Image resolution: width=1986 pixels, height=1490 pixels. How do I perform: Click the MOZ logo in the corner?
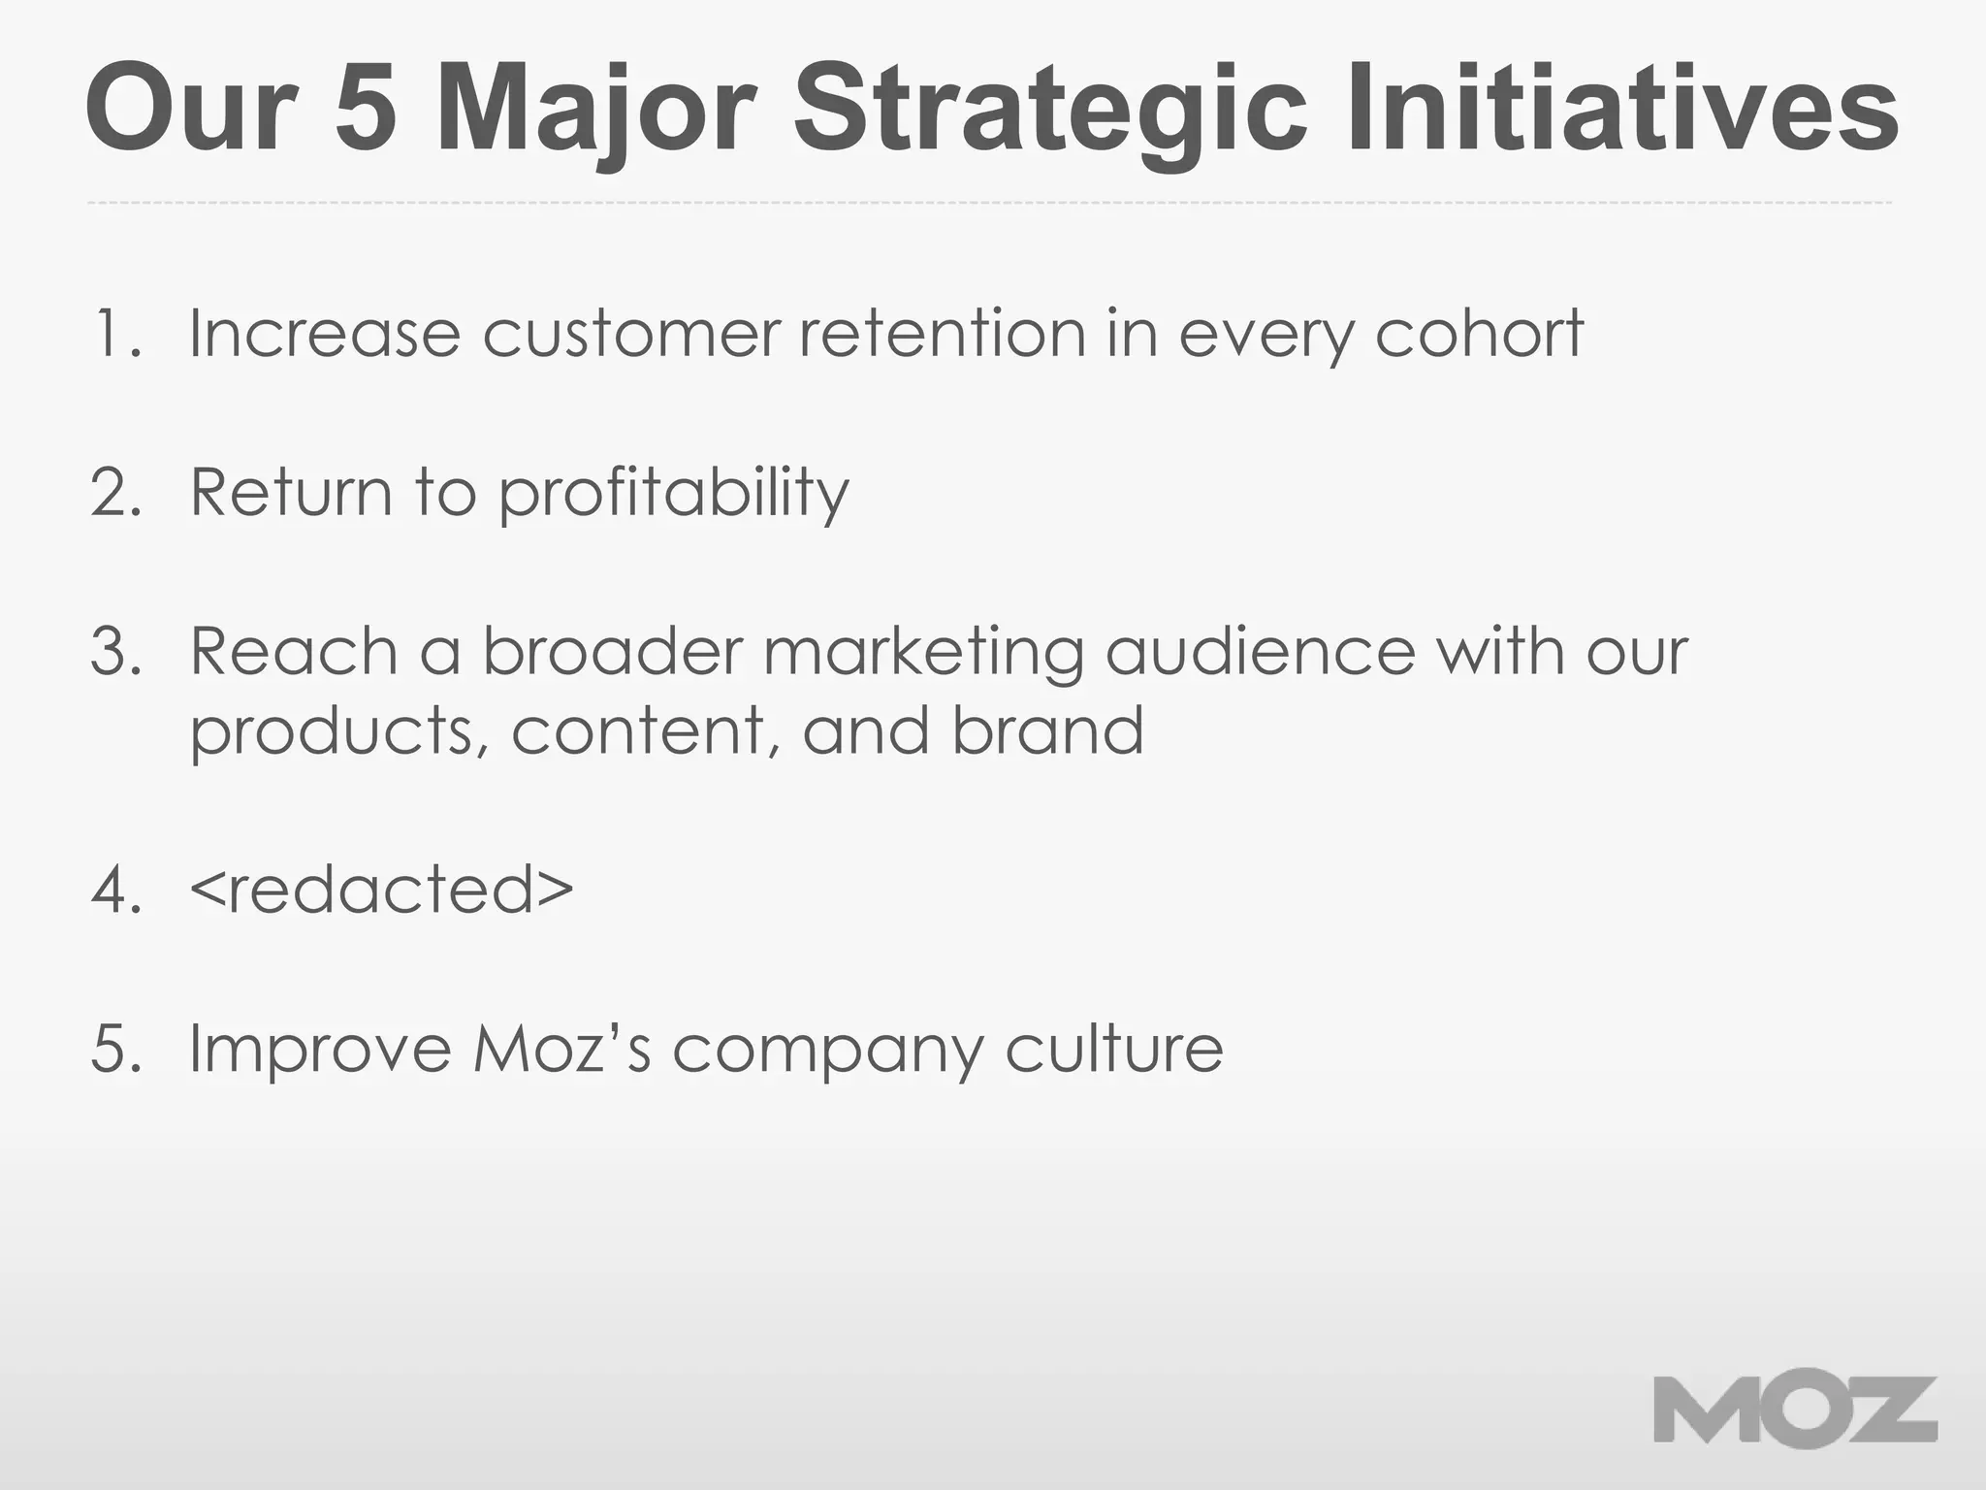click(1795, 1411)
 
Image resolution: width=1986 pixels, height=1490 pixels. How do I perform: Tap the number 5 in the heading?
click(367, 109)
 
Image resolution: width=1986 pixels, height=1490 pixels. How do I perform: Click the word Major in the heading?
click(594, 109)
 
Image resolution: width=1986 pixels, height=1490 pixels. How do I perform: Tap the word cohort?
click(1479, 333)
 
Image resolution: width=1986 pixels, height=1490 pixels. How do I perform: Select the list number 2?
click(115, 492)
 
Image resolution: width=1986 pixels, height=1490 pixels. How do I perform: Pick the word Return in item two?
click(290, 492)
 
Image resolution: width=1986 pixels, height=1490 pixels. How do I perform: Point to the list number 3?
click(115, 651)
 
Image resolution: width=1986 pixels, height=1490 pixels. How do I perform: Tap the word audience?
click(1260, 651)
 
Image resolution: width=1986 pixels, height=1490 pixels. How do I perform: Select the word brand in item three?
click(1047, 729)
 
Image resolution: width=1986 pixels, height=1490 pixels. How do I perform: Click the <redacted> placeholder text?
click(381, 890)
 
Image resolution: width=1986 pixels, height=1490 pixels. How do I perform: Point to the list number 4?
click(115, 890)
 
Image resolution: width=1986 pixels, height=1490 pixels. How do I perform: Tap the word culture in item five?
click(1114, 1049)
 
